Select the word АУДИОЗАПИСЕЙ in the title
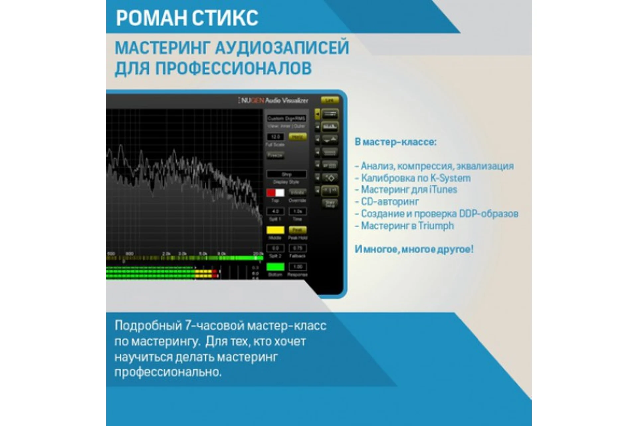(x=282, y=48)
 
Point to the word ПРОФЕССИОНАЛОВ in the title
(x=233, y=68)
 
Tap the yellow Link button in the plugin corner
(x=329, y=100)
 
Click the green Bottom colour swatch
(x=275, y=267)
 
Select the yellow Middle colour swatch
(x=275, y=230)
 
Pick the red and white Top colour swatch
(x=275, y=193)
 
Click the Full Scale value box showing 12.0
(x=275, y=137)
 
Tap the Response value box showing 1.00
(x=298, y=267)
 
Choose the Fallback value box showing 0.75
(x=298, y=248)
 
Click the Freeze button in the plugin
(x=275, y=155)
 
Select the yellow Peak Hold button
(x=298, y=230)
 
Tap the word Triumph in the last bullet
(x=436, y=226)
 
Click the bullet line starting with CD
(x=387, y=202)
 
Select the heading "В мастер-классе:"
(x=395, y=142)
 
